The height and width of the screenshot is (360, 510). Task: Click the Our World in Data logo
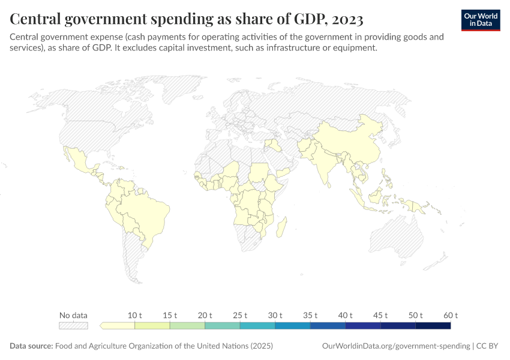[481, 20]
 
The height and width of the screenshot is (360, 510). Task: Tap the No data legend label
[73, 315]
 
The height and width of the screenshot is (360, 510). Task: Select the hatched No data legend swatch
[73, 325]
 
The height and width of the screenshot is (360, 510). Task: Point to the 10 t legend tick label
[135, 315]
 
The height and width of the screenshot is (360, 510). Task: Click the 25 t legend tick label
[240, 315]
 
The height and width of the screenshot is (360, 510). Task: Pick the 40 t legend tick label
[346, 315]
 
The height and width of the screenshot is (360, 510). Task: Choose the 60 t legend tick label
[451, 315]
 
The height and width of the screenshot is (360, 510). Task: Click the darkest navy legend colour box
[433, 325]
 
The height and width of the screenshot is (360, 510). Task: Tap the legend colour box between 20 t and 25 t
[223, 325]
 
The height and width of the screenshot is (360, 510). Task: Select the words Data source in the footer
[31, 346]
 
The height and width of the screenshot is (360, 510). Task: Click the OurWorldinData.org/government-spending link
[396, 346]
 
